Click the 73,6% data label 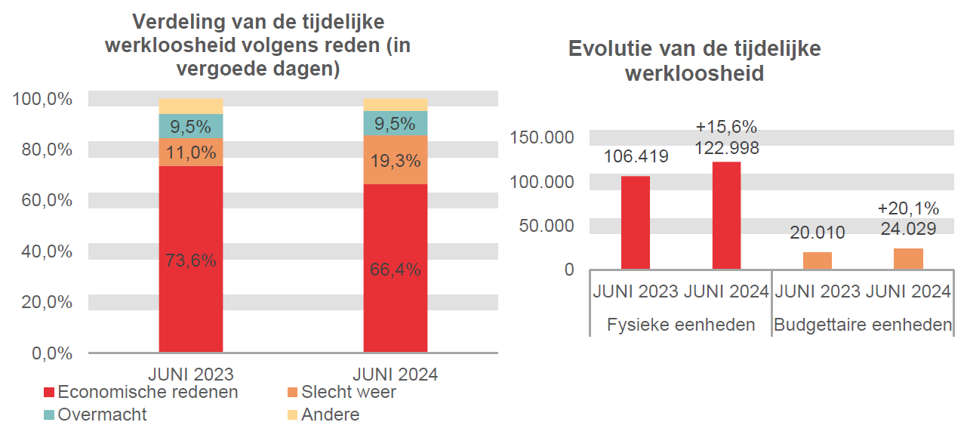pos(191,261)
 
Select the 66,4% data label pos(395,270)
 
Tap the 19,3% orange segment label pos(395,161)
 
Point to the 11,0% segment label pos(191,153)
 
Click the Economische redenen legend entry pos(140,393)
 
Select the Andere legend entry pos(322,415)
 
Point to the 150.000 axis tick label pos(543,137)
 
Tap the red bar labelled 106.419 pos(636,222)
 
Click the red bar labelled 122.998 pos(726,215)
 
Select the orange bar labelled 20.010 pos(818,260)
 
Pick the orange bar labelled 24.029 pos(908,258)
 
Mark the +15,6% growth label pos(726,126)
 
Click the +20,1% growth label pos(908,208)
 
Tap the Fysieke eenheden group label pos(681,325)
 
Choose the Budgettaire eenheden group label pos(863,325)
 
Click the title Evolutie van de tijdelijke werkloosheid pos(694,61)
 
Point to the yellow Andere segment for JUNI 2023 pos(191,106)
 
